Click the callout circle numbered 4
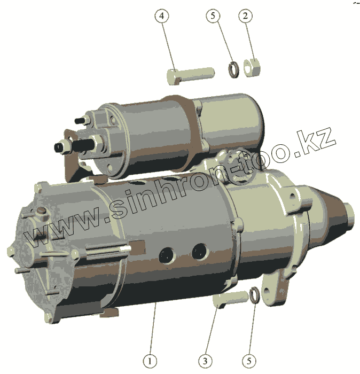coord(162,16)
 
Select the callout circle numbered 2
coord(245,16)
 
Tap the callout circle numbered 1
coord(150,361)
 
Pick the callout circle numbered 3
coord(205,361)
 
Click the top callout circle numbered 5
coord(213,15)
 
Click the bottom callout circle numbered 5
coord(249,361)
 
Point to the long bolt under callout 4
coord(190,75)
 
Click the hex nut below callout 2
coord(252,68)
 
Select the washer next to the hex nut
coord(233,69)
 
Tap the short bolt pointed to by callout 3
coord(231,299)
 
